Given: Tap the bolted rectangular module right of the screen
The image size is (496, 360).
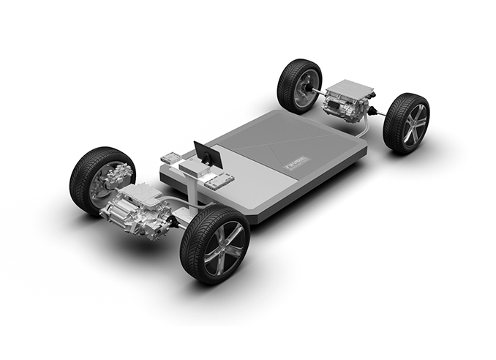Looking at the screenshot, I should coord(219,179).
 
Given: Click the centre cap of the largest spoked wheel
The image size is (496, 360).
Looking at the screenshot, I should coord(217,248).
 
